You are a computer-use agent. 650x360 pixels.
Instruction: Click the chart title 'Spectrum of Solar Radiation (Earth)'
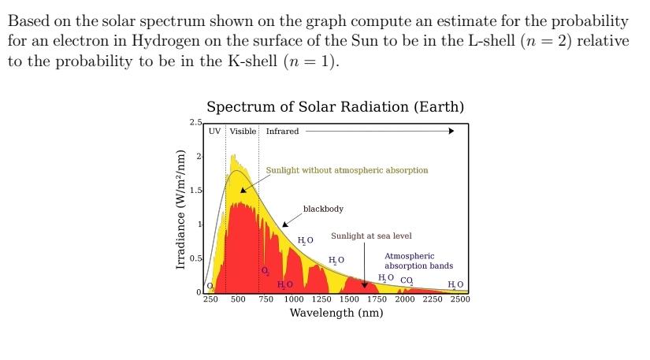coord(335,107)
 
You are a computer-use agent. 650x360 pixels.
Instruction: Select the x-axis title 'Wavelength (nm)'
coord(336,314)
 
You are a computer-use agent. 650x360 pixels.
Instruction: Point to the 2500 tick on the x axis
coord(460,299)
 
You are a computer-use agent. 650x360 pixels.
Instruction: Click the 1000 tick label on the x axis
coord(294,299)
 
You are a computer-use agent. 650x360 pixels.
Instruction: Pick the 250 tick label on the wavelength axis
coord(211,299)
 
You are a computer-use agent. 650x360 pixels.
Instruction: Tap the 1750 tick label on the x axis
coord(377,299)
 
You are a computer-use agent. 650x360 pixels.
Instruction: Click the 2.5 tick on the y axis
coord(195,122)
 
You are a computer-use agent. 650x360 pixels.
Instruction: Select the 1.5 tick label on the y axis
coord(196,191)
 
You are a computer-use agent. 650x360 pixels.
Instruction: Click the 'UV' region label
coord(215,132)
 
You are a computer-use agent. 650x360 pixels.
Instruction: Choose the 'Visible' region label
coord(243,132)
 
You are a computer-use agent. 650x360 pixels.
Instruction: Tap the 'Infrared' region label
coord(282,132)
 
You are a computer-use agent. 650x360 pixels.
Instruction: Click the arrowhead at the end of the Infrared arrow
coord(451,132)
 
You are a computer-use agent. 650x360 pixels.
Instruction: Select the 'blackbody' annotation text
coord(323,210)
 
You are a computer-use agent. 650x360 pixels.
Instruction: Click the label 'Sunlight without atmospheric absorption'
coord(347,170)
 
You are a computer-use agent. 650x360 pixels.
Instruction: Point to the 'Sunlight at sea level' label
coord(371,236)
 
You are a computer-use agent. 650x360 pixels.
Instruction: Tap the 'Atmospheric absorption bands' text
coord(418,261)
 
